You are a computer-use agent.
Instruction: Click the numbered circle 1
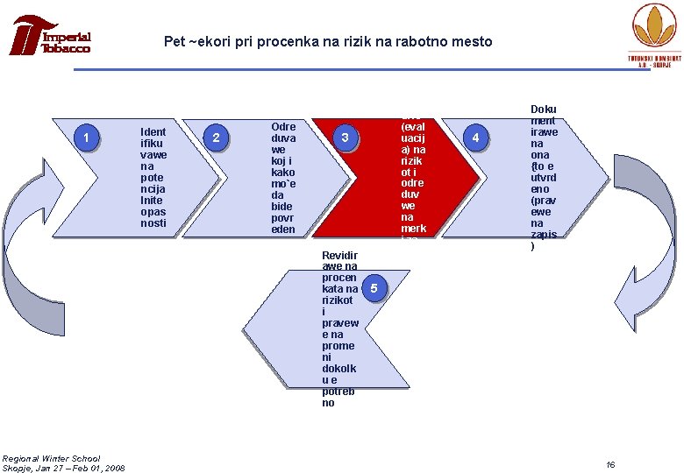point(86,138)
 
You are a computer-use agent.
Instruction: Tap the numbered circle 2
point(217,138)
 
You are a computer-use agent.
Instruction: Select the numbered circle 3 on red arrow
point(346,138)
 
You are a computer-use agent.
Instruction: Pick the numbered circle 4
point(476,138)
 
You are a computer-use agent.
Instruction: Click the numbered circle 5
point(374,289)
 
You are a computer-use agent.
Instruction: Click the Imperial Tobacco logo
point(52,37)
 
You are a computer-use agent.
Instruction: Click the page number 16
point(611,463)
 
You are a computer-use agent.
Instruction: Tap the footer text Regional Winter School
point(51,458)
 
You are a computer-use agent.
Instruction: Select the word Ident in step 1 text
point(153,132)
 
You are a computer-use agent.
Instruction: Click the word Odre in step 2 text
point(283,126)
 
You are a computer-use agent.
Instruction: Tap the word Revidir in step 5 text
point(341,255)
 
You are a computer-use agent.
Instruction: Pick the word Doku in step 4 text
point(545,109)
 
